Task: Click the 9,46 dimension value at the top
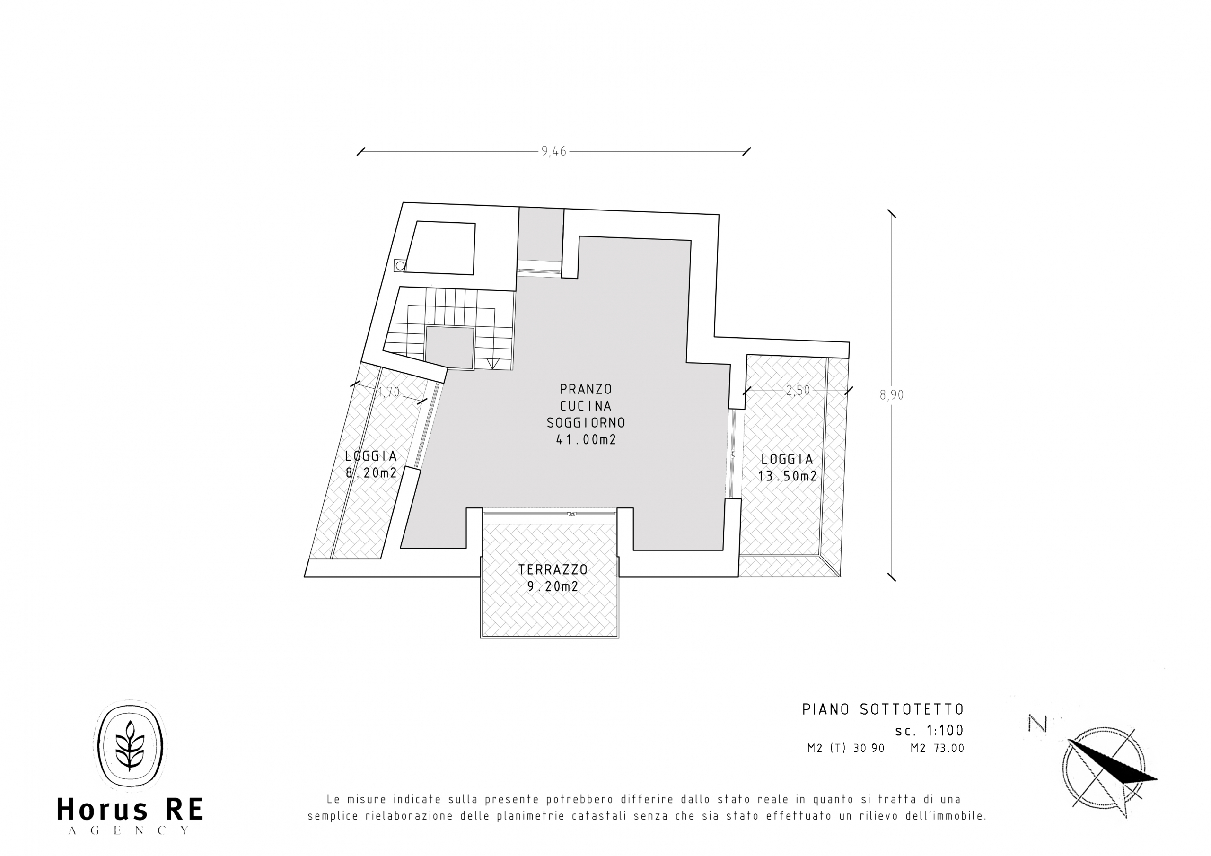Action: (553, 151)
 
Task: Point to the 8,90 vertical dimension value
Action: (891, 394)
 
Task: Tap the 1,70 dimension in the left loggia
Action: (389, 393)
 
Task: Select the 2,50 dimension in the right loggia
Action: (798, 390)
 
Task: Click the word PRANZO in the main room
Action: (586, 389)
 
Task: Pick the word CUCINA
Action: (586, 406)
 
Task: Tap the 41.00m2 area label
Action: (586, 440)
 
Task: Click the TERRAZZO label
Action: (553, 569)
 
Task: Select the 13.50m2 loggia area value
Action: (788, 476)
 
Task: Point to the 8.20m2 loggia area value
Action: (371, 473)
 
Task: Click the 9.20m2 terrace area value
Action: (553, 586)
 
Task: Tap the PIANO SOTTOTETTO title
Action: (883, 709)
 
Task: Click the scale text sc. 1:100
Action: (930, 731)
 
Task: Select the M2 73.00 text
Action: (937, 748)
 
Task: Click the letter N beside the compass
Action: (1037, 724)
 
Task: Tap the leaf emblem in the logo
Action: (129, 745)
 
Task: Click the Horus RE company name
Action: (130, 810)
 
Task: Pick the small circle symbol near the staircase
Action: (400, 265)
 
